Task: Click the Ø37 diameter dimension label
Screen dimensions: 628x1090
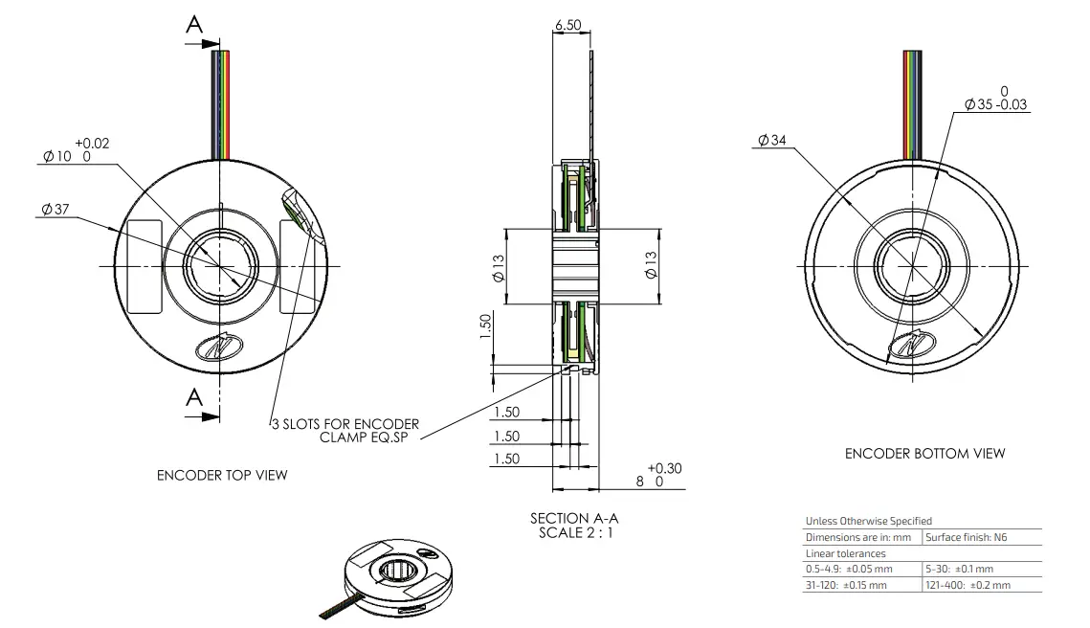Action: tap(56, 210)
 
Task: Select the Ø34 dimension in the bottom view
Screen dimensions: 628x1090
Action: tap(771, 141)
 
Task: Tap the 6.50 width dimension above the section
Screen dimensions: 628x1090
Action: tap(567, 25)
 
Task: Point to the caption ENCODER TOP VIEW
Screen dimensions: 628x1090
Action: tap(222, 475)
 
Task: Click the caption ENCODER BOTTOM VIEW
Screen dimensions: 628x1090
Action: tap(924, 453)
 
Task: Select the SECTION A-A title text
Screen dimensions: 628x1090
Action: tap(574, 518)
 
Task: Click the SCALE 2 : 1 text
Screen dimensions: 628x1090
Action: tap(574, 532)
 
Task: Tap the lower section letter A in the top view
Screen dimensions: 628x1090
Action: tap(194, 397)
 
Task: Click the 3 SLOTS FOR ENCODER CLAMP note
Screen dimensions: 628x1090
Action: tap(345, 430)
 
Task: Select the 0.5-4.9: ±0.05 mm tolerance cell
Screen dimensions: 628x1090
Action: tap(848, 569)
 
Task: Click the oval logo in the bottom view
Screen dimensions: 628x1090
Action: tap(911, 348)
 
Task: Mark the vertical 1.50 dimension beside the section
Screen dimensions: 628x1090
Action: tap(485, 325)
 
